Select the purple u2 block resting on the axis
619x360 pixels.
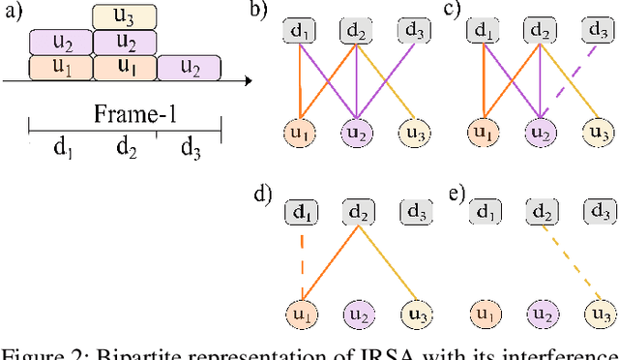click(189, 68)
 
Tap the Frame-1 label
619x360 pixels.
click(125, 115)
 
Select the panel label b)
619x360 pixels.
click(258, 12)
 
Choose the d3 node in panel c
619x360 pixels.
click(598, 31)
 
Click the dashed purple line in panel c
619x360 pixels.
click(567, 80)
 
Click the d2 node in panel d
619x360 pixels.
click(359, 210)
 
